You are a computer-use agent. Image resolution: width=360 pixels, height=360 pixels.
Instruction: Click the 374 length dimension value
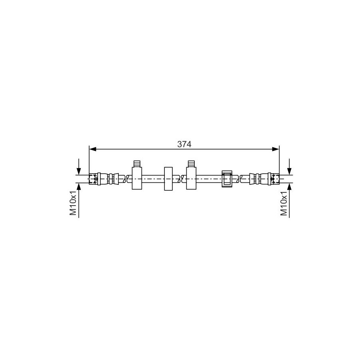click(x=184, y=144)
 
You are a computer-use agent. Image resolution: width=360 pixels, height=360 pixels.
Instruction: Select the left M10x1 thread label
click(x=73, y=203)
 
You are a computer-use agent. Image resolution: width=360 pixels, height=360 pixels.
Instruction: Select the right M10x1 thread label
click(x=284, y=203)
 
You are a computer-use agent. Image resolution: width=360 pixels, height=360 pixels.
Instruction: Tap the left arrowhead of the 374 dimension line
click(x=92, y=149)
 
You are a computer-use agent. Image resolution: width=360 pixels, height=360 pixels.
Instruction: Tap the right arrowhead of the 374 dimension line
click(x=276, y=149)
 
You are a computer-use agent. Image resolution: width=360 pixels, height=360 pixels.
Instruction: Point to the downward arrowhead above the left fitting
click(x=79, y=171)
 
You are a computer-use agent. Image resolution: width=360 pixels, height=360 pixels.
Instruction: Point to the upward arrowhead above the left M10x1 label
click(x=79, y=187)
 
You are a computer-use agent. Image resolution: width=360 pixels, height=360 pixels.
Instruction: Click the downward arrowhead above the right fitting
click(x=289, y=171)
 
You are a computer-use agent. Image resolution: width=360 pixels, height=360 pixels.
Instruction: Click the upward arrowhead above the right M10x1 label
click(x=289, y=187)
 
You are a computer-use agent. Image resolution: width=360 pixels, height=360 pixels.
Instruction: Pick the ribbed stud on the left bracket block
click(x=137, y=164)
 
